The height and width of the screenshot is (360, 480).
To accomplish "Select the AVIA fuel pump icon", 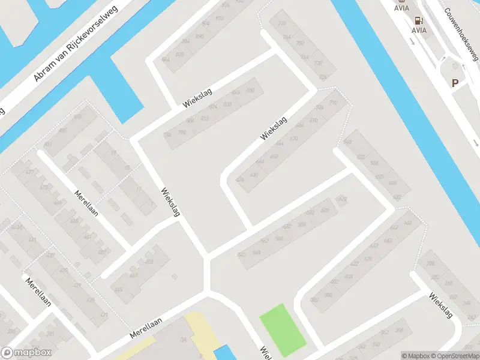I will [419, 20].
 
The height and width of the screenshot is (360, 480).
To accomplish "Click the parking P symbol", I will [455, 83].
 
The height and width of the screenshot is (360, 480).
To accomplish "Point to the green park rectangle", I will [282, 329].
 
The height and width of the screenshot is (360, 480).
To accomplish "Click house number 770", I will [282, 24].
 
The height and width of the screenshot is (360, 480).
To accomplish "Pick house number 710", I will [334, 103].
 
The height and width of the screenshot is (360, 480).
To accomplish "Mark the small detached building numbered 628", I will [343, 199].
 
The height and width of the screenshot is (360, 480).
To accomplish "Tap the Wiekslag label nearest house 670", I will [274, 129].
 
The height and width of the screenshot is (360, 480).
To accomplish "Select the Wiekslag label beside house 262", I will [441, 305].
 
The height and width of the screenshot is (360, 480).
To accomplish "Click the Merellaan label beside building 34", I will [146, 328].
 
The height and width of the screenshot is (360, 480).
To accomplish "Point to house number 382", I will [314, 299].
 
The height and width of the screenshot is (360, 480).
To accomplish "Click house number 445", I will [118, 289].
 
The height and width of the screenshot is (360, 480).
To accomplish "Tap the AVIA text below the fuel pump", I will [419, 30].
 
